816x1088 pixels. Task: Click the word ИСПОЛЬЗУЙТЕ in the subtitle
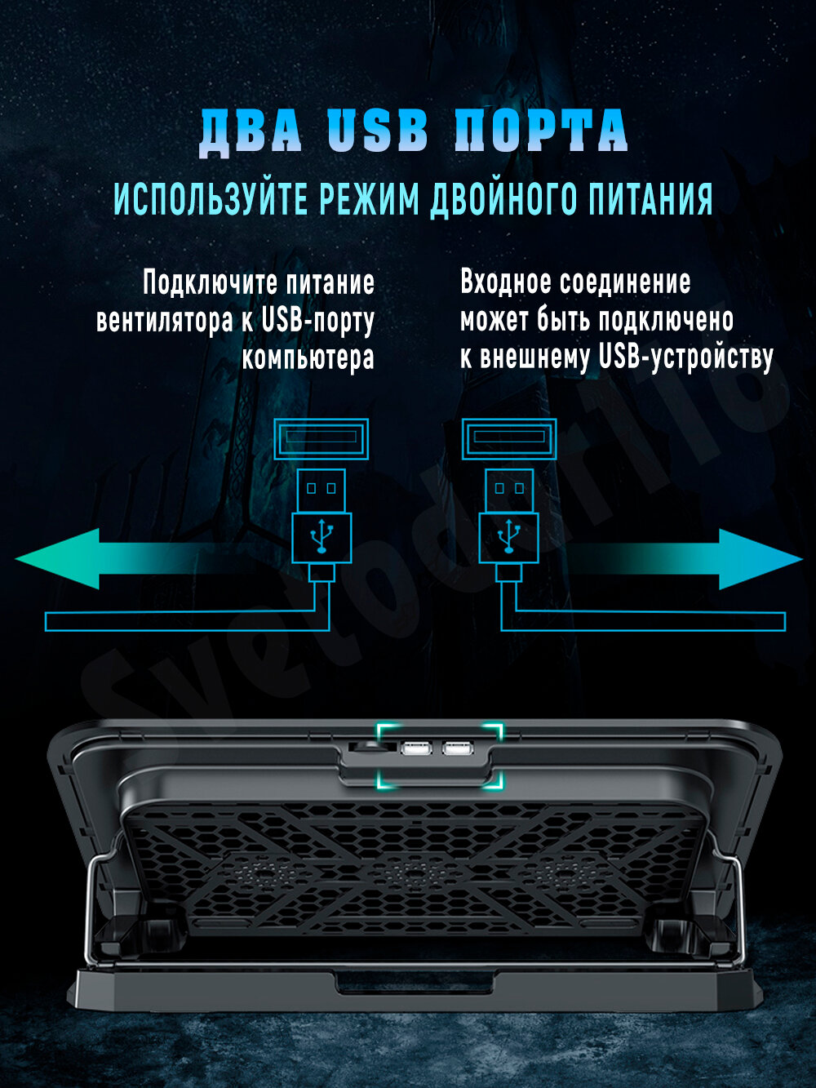click(211, 198)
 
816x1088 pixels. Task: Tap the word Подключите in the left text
click(210, 283)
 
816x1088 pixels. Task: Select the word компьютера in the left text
click(308, 357)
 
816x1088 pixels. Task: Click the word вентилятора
click(165, 320)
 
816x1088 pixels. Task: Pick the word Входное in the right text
click(504, 282)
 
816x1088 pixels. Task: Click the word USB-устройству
click(685, 357)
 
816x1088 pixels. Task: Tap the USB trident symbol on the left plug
click(322, 537)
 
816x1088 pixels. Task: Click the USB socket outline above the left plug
click(321, 437)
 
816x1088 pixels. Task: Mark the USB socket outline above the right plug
click(509, 437)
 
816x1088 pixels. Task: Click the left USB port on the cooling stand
click(416, 748)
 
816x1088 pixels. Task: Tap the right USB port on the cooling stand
click(457, 748)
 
